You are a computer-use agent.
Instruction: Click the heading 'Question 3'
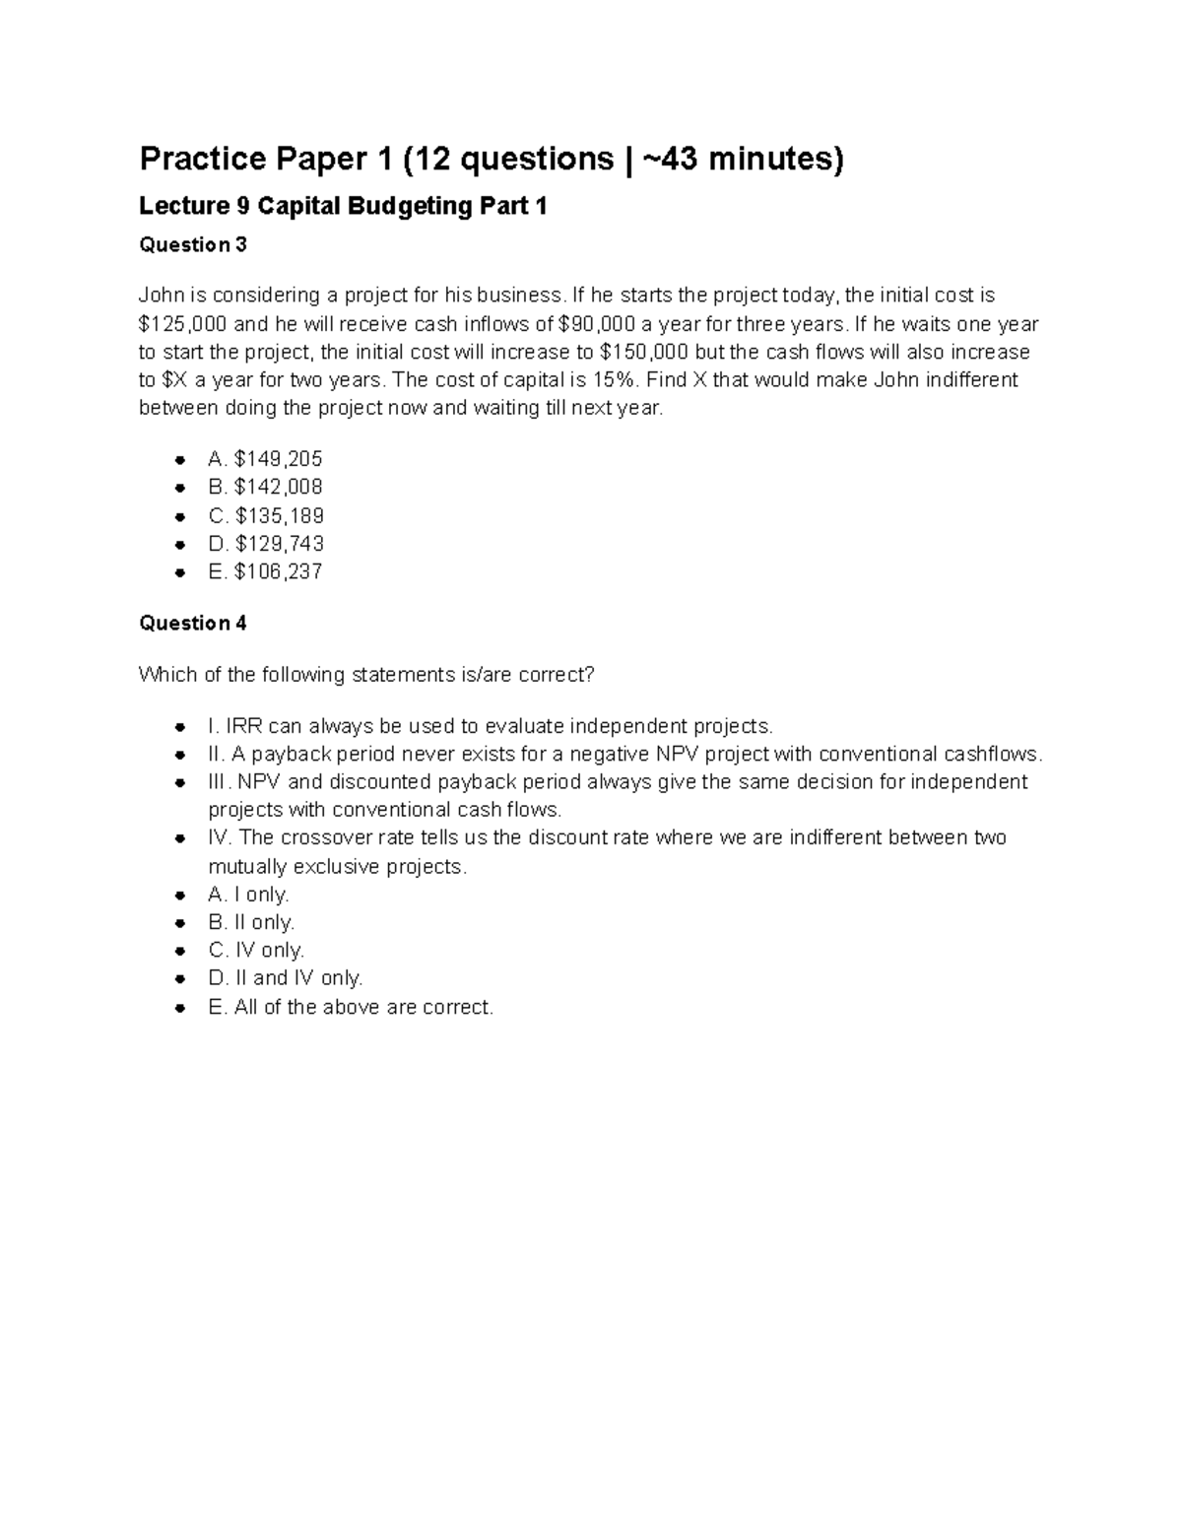[x=193, y=244]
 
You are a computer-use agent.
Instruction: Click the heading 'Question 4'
[x=193, y=623]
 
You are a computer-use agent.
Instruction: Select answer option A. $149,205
[x=265, y=459]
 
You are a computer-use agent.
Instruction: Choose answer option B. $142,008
[x=265, y=487]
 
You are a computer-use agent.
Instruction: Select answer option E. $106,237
[x=265, y=571]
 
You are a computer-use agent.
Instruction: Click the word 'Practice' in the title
[x=203, y=158]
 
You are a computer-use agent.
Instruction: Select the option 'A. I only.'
[x=248, y=895]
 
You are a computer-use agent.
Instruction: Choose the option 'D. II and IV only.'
[x=286, y=977]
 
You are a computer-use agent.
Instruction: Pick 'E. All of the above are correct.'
[x=351, y=1007]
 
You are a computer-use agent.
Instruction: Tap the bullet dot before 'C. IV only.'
[x=179, y=951]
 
